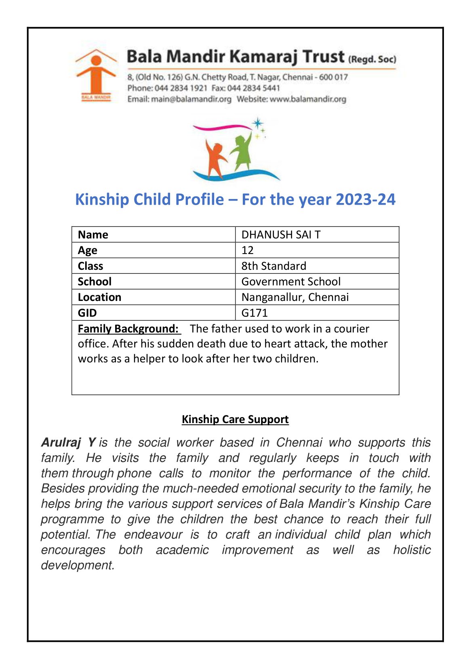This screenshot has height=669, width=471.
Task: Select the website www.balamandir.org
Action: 308,99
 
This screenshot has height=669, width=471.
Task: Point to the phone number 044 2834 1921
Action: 181,88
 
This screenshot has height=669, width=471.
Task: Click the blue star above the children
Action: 257,123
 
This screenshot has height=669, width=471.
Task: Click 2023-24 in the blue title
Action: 365,199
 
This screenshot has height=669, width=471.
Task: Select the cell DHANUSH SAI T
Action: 281,235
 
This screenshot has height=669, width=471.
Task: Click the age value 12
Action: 247,250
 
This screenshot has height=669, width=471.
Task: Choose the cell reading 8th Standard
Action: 273,266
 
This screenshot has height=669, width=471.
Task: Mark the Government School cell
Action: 291,282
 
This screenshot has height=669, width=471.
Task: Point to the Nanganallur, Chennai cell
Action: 295,297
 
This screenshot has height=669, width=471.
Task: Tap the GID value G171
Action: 254,313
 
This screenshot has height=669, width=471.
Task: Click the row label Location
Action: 99,297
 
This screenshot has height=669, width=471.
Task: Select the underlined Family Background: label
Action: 128,328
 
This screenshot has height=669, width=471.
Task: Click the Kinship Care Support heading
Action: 235,419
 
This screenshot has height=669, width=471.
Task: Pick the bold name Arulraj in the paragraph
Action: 61,442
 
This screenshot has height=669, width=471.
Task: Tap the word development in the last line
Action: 78,565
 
